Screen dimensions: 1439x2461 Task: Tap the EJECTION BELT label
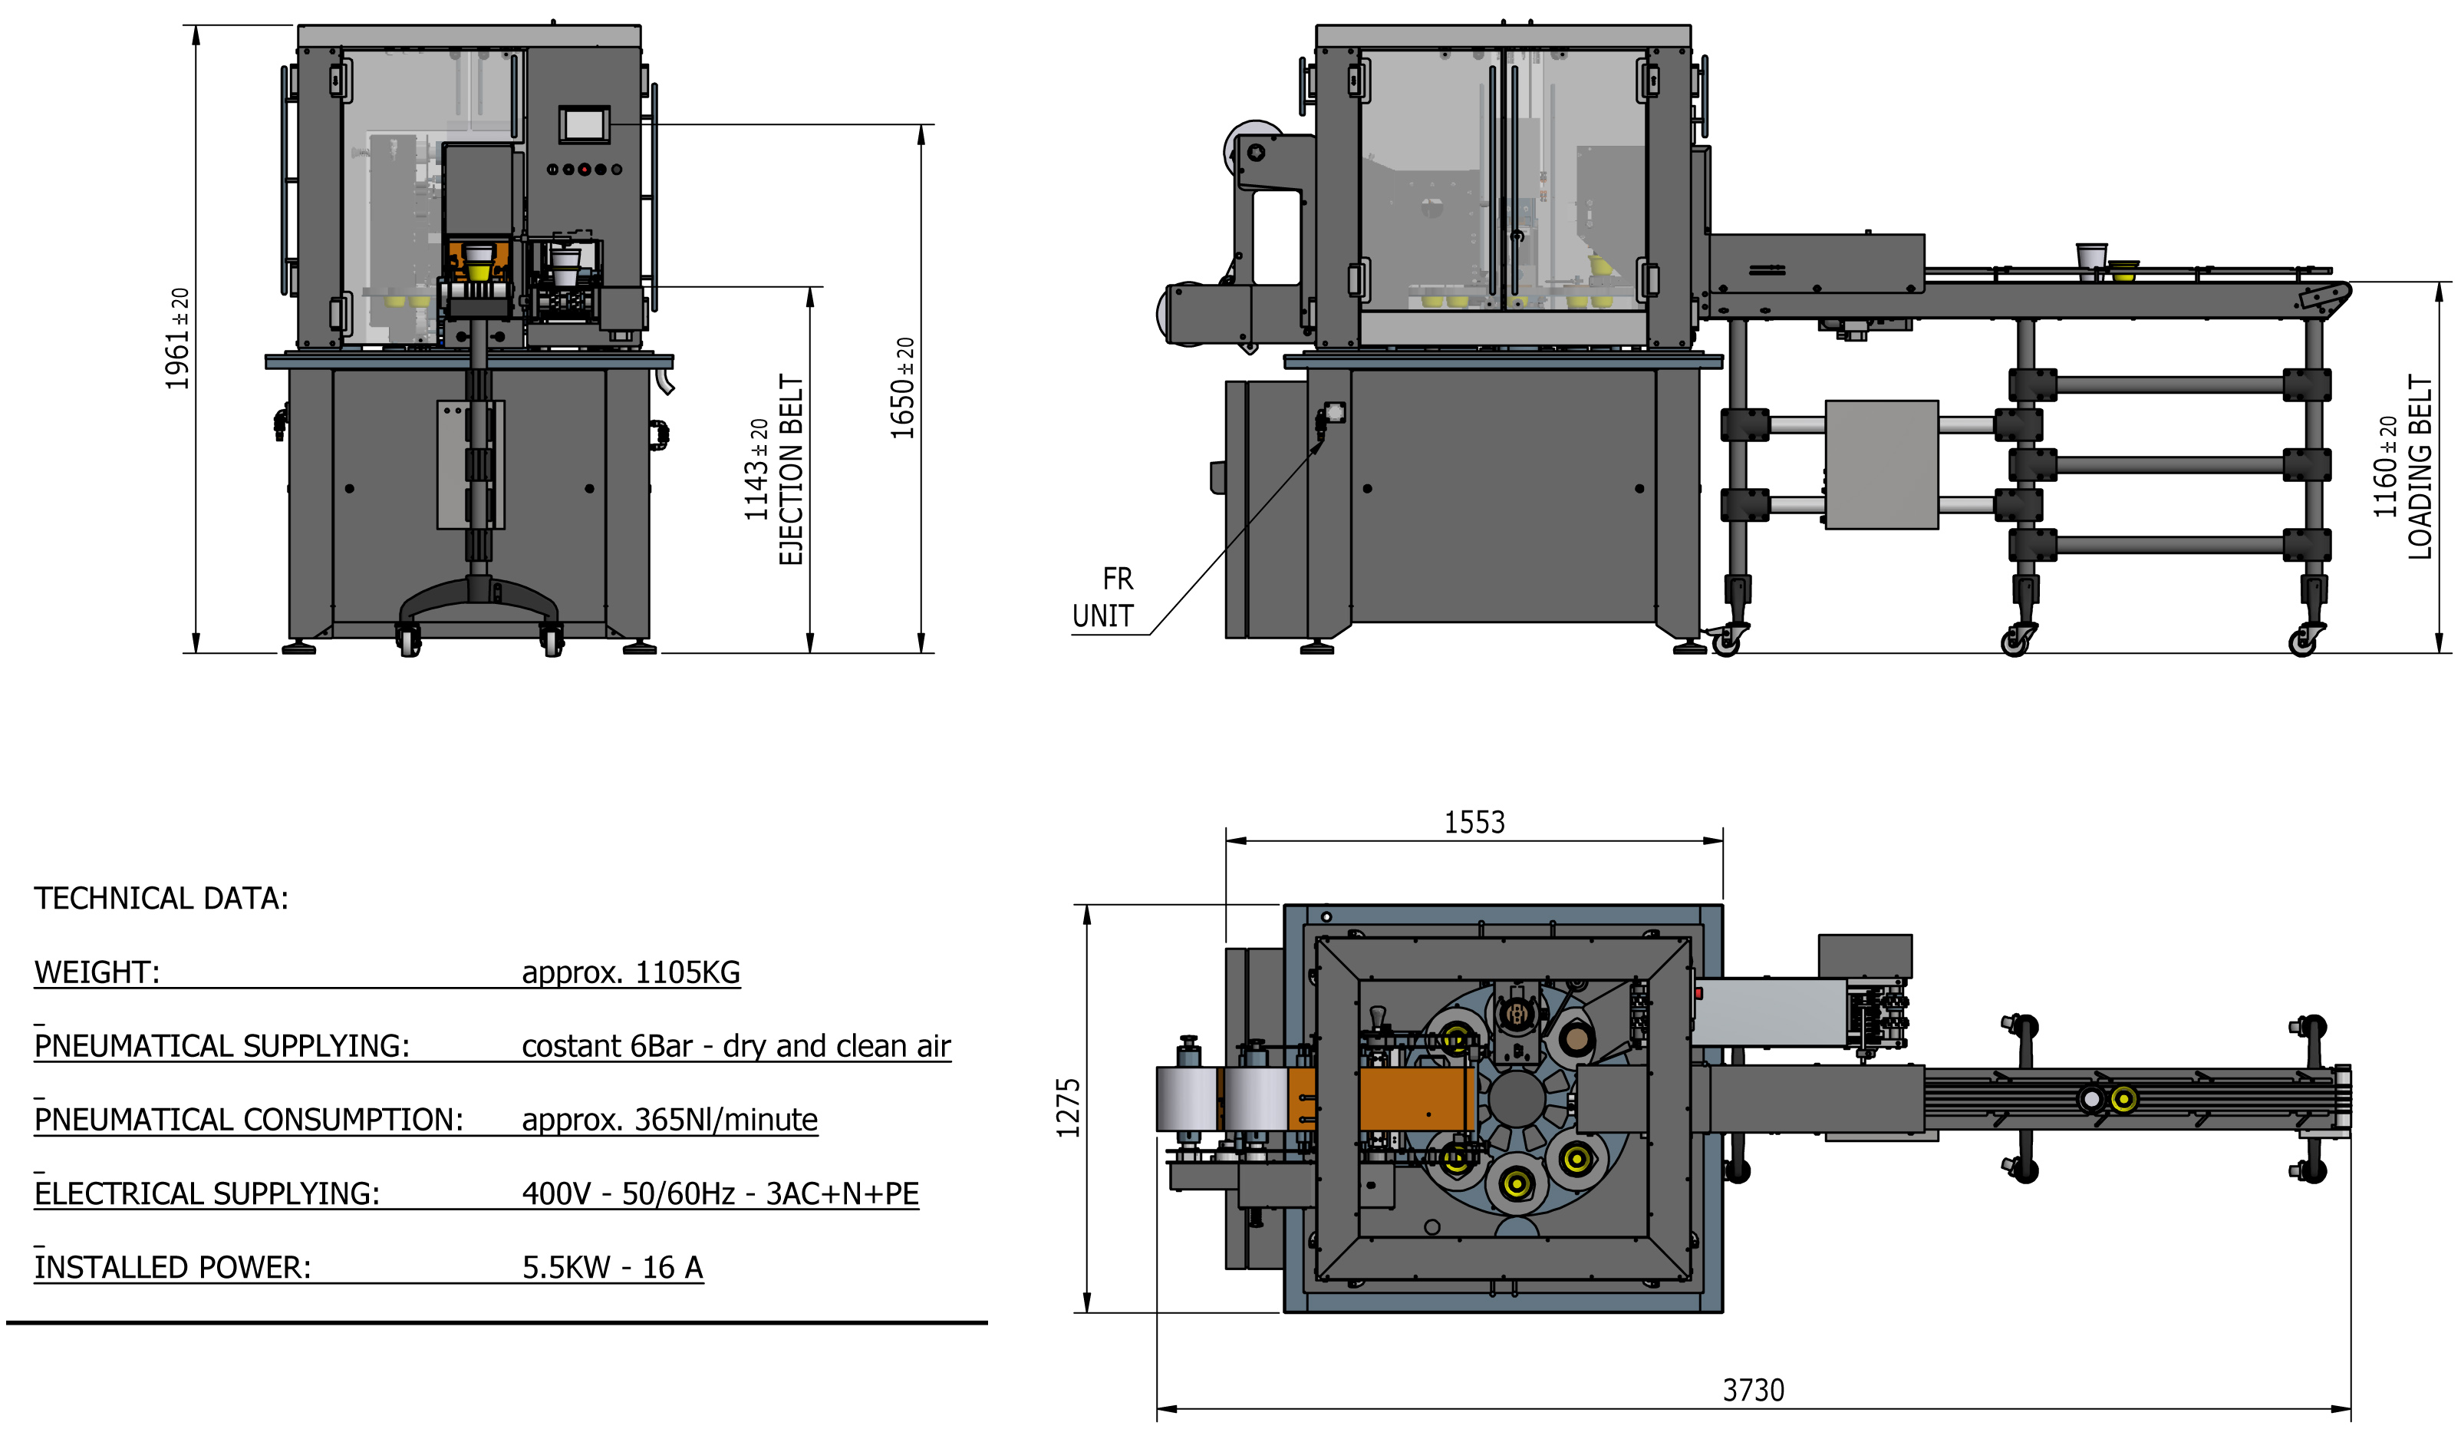click(x=790, y=469)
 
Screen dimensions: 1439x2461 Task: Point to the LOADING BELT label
click(x=2419, y=467)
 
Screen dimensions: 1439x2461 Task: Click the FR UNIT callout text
click(x=1105, y=598)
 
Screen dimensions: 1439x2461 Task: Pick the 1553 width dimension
click(x=1474, y=823)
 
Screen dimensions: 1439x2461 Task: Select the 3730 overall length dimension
click(x=1752, y=1389)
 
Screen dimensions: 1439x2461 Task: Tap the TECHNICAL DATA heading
click(x=161, y=899)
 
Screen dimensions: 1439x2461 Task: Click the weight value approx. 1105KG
click(x=631, y=972)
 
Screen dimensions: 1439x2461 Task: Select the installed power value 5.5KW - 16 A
click(x=612, y=1267)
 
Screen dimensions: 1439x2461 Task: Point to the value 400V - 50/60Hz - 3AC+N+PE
click(x=720, y=1193)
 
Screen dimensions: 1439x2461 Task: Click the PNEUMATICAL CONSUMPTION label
click(x=248, y=1120)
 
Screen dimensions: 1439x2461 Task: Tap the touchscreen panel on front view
click(x=584, y=125)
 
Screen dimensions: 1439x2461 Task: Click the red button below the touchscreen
click(x=584, y=169)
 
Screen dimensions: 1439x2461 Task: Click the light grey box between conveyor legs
click(x=1881, y=464)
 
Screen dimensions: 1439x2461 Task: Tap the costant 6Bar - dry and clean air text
click(x=736, y=1045)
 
